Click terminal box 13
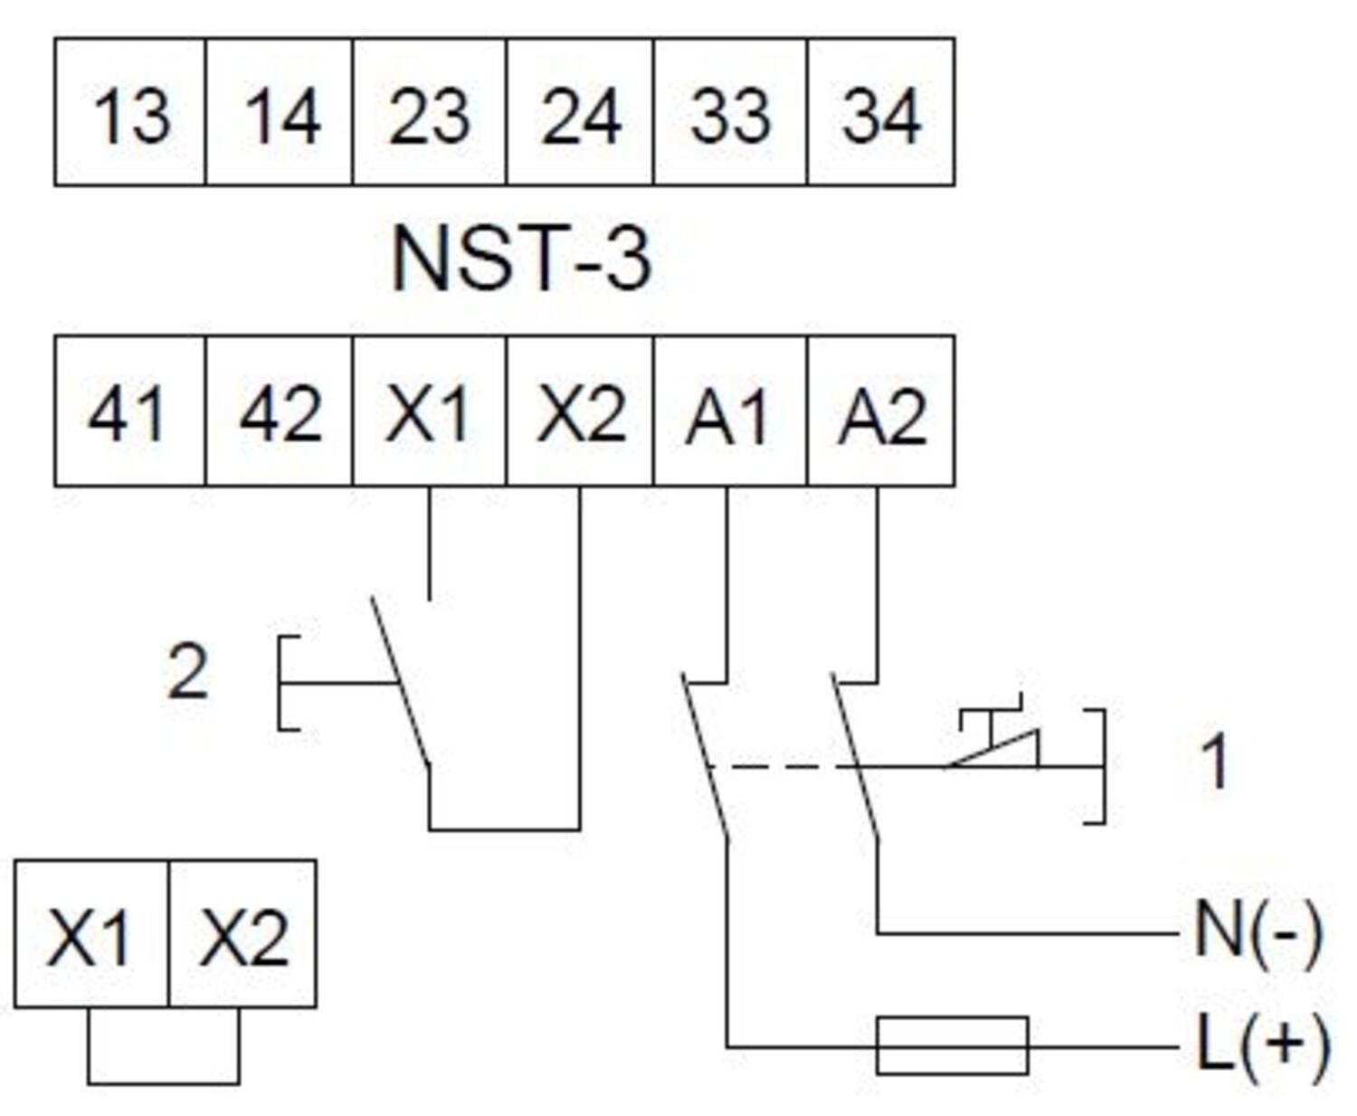coord(130,112)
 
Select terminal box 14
coord(280,112)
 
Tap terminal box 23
coord(430,112)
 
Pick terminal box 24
coord(580,112)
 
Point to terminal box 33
coord(730,112)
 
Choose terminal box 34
coord(880,112)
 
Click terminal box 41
coord(130,411)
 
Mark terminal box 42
coord(280,411)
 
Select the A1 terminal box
coord(730,411)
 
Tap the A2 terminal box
coord(880,411)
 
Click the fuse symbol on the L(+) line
coord(952,1045)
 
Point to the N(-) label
coord(1257,932)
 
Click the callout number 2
coord(188,672)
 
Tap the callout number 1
coord(1214,761)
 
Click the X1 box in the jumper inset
coord(90,934)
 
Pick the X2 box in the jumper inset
coord(242,934)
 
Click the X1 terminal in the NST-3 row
coord(430,411)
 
